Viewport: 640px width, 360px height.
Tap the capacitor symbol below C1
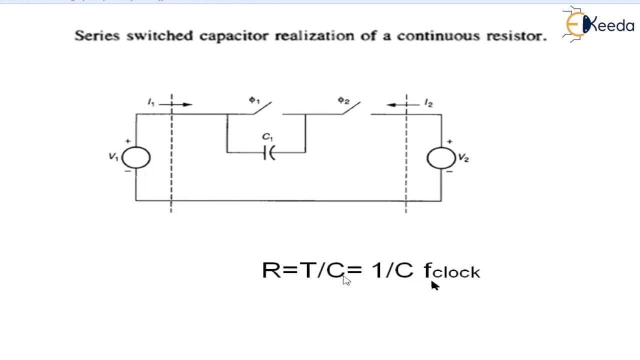point(269,152)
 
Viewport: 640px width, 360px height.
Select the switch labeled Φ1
point(262,108)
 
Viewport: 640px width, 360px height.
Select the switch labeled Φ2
point(351,108)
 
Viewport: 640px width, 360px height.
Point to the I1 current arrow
point(175,104)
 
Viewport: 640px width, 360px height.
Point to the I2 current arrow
point(403,105)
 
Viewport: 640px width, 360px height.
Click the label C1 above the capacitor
point(267,137)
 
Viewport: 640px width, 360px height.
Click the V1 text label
point(113,156)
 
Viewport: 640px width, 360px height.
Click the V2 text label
point(463,157)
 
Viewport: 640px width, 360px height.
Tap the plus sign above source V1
point(127,141)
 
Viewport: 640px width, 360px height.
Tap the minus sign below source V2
point(449,171)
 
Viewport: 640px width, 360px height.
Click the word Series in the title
point(97,35)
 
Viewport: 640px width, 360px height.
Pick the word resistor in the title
point(516,36)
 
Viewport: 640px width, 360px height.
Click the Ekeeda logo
point(598,24)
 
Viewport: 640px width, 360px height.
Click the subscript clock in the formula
point(456,272)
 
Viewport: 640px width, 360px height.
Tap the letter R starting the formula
point(271,269)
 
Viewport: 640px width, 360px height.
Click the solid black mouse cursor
point(435,285)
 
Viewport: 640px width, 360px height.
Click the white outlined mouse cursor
point(346,280)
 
